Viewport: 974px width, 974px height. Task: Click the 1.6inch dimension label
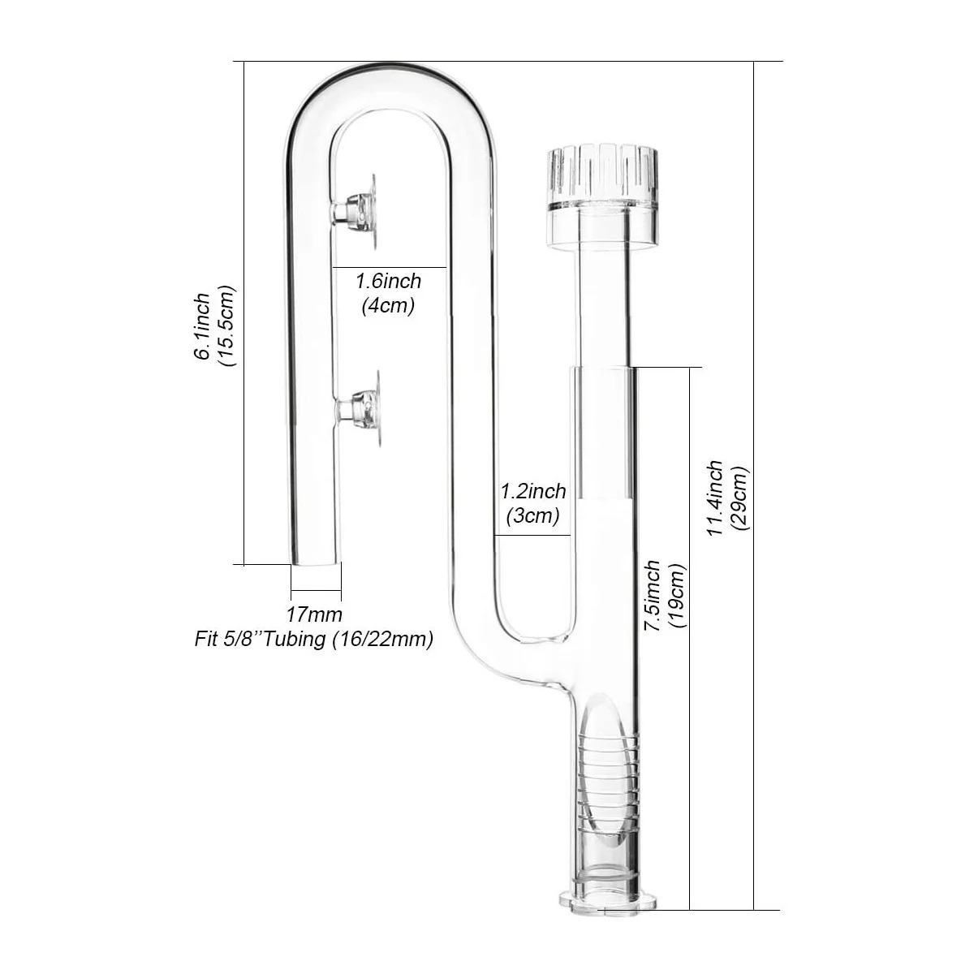point(389,282)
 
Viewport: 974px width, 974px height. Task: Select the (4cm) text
point(387,306)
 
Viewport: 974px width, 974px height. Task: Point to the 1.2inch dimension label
point(532,491)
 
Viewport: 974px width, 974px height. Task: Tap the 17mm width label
point(314,614)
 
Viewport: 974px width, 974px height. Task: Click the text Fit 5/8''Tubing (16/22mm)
point(313,640)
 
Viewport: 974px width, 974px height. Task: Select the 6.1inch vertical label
point(201,326)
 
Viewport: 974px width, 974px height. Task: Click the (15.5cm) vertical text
point(226,326)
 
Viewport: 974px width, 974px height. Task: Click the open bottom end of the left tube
point(315,560)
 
